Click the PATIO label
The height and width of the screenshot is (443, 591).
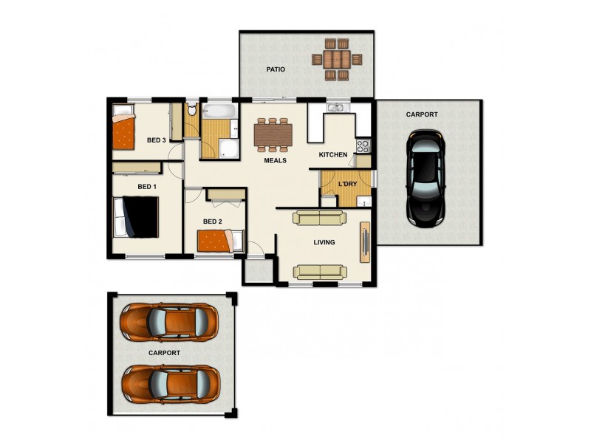click(276, 69)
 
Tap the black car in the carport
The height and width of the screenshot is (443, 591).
click(426, 178)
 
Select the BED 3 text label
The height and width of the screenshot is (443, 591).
click(157, 140)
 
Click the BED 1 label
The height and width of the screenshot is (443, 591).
click(146, 187)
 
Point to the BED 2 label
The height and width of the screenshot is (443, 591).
click(212, 221)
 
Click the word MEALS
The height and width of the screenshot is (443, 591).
click(276, 160)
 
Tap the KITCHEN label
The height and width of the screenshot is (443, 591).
click(332, 155)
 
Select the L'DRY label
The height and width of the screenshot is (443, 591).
click(347, 184)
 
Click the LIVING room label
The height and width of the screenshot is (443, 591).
click(324, 242)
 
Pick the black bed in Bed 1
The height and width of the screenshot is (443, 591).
click(136, 217)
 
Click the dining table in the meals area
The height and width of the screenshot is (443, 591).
click(273, 134)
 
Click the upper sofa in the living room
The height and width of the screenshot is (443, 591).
click(318, 218)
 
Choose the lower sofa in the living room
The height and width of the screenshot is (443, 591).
click(319, 272)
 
